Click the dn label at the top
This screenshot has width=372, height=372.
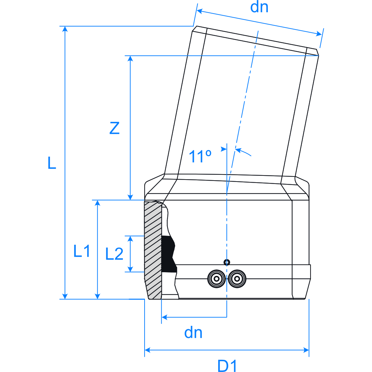259,7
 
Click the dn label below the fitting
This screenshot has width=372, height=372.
193,333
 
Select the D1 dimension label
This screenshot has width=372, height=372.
227,366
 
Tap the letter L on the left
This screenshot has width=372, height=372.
52,163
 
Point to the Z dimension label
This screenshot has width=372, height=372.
114,128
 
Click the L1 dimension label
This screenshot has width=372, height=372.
82,251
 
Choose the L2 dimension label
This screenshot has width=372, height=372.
114,254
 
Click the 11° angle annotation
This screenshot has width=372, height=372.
200,157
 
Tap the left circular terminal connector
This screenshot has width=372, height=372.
216,279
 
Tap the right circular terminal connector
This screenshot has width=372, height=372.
237,279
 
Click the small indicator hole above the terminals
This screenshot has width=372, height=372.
227,262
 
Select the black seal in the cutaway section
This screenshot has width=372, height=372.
169,253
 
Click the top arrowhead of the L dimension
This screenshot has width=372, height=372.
65,29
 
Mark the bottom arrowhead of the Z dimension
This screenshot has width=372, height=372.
130,197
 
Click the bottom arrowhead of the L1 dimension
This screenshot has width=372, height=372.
98,296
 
